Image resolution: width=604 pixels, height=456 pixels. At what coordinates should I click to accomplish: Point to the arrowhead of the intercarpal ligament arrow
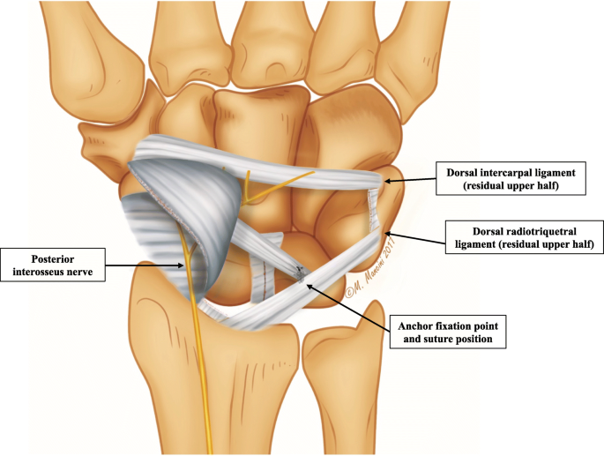386,182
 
